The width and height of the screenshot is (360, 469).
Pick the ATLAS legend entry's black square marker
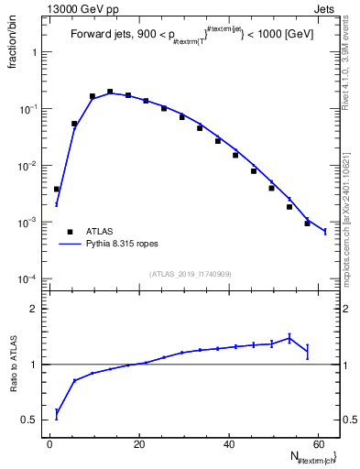(66, 232)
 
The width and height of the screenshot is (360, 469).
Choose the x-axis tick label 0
(50, 445)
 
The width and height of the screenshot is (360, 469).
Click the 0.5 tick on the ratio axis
(32, 420)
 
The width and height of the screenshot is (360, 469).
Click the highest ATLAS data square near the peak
(110, 92)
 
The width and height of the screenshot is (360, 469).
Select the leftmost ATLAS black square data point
(57, 189)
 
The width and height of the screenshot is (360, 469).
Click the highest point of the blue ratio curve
(289, 338)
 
